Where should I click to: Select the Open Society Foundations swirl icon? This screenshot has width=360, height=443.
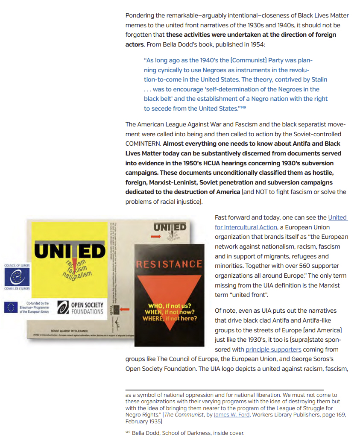63,307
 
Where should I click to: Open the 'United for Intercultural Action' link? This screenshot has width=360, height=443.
281,223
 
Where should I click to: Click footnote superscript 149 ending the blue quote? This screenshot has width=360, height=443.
243,107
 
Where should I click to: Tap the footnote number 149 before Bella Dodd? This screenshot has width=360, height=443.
128,432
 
